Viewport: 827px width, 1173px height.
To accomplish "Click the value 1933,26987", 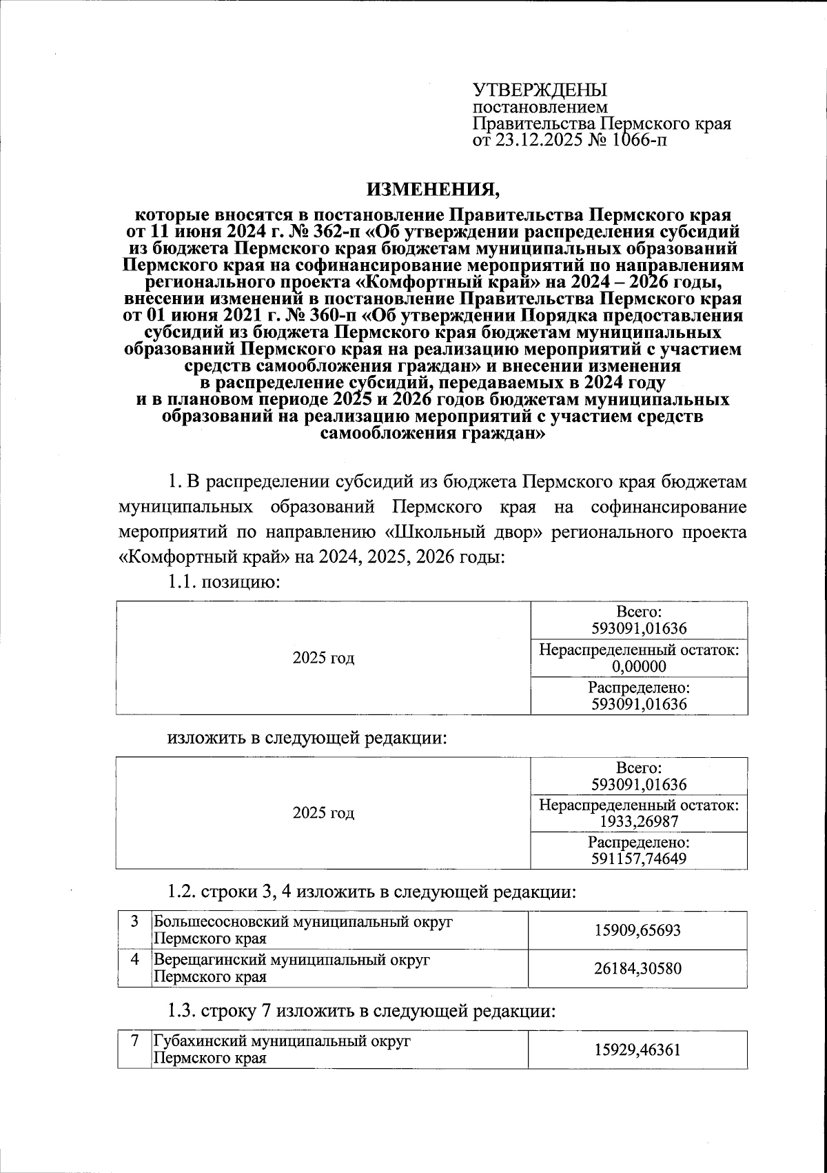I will pyautogui.click(x=639, y=821).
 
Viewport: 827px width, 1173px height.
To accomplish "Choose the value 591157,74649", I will pyautogui.click(x=639, y=859).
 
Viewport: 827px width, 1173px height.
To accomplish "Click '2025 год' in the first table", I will pyautogui.click(x=323, y=658).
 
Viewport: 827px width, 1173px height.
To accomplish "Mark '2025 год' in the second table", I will pyautogui.click(x=323, y=813).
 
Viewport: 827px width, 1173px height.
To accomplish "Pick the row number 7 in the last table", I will pyautogui.click(x=135, y=1041).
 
